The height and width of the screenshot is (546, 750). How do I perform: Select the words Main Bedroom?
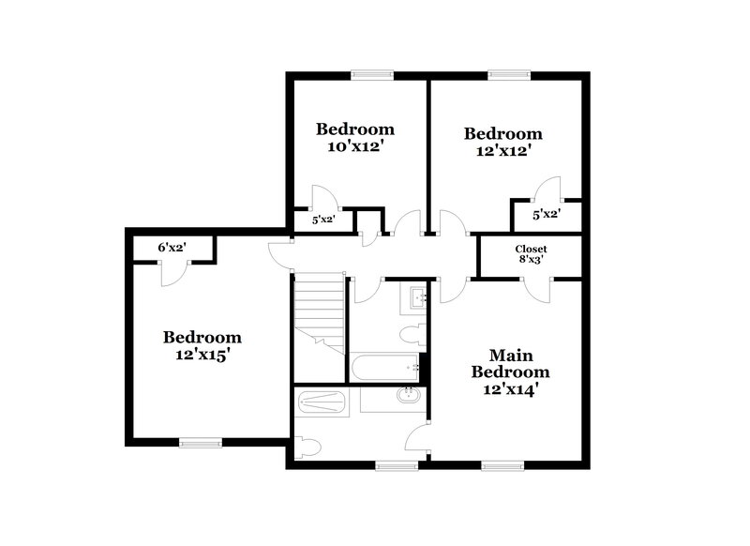[x=511, y=363]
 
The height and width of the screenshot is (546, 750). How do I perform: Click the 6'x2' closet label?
[x=172, y=247]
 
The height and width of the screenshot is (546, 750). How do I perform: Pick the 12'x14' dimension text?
[x=511, y=389]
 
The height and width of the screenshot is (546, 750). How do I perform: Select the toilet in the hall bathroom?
[x=412, y=333]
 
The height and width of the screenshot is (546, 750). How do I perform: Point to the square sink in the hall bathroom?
[x=418, y=299]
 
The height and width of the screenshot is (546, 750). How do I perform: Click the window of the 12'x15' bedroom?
[x=201, y=443]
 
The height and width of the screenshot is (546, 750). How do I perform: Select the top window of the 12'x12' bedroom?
[x=509, y=75]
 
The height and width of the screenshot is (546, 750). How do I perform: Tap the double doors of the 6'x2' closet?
[x=172, y=273]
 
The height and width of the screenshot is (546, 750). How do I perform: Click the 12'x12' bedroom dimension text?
[x=503, y=151]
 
